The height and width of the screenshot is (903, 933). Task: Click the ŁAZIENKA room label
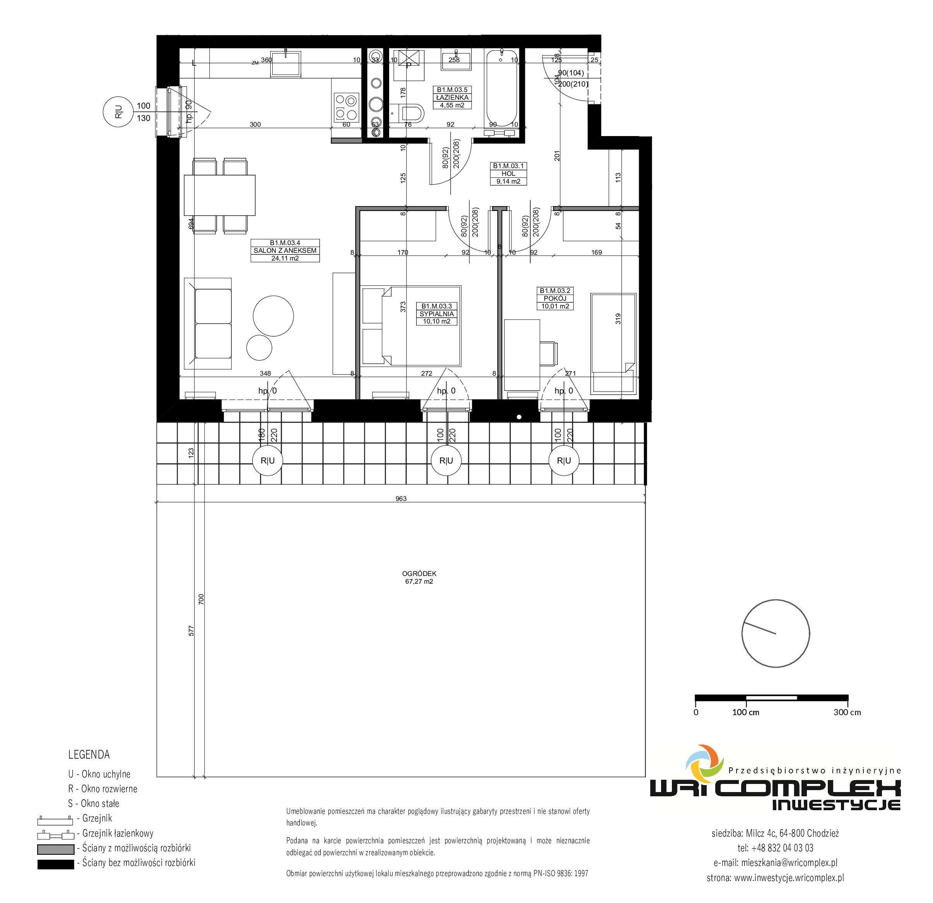452,97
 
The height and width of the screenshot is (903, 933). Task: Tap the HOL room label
508,174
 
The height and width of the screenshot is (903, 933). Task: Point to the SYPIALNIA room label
436,314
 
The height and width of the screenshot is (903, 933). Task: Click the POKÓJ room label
555,298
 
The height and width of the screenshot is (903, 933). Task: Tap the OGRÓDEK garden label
419,574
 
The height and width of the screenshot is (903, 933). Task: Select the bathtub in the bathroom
502,89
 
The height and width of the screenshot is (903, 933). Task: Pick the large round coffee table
273,316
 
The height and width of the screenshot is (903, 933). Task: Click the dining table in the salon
219,195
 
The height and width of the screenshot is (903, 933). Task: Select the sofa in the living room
208,324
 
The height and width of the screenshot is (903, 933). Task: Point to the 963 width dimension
401,499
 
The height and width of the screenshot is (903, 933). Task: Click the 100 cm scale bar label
745,712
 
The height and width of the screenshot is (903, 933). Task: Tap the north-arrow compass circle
776,633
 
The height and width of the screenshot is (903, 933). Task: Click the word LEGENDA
89,755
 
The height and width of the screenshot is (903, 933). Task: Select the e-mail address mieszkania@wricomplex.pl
789,862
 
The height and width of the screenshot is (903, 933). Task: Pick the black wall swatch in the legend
56,864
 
